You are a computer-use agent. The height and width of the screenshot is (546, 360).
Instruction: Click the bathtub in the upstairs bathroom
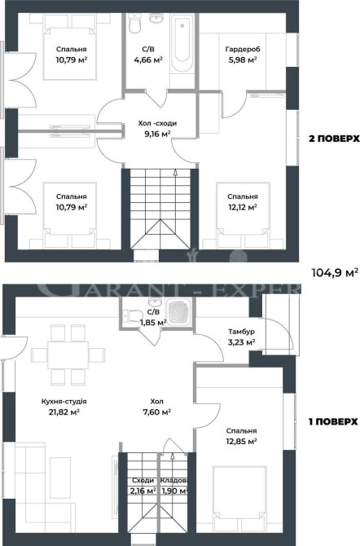(x=182, y=43)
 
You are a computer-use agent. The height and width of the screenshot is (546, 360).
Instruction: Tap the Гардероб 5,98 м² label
(x=243, y=55)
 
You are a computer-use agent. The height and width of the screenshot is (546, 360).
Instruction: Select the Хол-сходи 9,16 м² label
(x=157, y=129)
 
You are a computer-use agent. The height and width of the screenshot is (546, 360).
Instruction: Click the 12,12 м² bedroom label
(x=243, y=202)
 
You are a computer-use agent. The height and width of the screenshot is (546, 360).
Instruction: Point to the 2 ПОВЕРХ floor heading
(x=334, y=139)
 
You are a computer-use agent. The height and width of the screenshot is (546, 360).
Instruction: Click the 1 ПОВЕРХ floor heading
(x=333, y=421)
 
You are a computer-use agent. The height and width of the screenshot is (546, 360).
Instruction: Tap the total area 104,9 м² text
(x=335, y=272)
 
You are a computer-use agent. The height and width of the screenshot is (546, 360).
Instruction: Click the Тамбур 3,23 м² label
(x=242, y=337)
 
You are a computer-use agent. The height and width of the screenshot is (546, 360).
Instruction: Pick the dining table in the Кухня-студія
(x=68, y=354)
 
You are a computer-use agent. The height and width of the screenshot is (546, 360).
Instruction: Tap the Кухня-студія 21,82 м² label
(x=64, y=407)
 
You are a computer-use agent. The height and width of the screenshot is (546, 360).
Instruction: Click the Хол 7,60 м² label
(x=156, y=407)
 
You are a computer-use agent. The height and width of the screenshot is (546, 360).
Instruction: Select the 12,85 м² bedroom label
(x=241, y=436)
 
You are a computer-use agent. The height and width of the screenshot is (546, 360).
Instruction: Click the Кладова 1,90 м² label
(x=174, y=486)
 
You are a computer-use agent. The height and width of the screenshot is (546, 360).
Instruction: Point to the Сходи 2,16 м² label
(x=143, y=486)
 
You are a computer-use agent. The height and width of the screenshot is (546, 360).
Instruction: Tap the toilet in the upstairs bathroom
(x=134, y=23)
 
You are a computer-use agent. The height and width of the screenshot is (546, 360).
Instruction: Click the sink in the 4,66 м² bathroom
(x=156, y=18)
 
